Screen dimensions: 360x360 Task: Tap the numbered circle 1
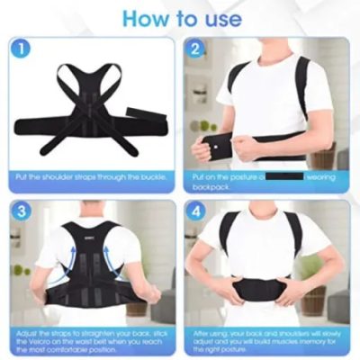pos(20,49)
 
